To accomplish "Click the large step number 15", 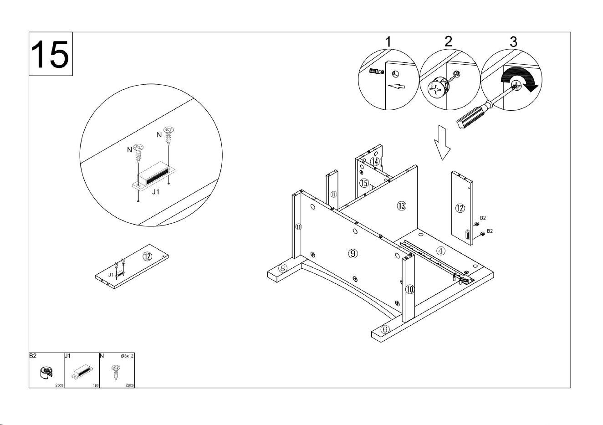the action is click(x=51, y=54).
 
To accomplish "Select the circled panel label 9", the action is click(x=353, y=253).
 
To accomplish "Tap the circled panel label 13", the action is click(x=401, y=206).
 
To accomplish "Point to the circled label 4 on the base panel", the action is click(x=440, y=251).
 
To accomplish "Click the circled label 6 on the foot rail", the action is click(x=385, y=329).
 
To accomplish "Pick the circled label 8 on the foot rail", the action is click(x=283, y=268).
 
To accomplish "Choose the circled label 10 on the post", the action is click(x=410, y=290).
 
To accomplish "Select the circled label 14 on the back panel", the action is click(x=375, y=161).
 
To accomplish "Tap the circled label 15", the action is click(x=364, y=183).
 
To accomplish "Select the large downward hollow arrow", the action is click(x=442, y=143).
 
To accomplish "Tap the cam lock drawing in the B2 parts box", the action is click(x=46, y=373).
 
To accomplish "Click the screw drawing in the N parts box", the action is click(x=116, y=373).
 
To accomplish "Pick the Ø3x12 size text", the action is click(x=127, y=356).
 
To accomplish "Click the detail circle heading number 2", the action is click(x=448, y=41).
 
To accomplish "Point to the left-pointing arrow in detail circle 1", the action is click(x=397, y=87).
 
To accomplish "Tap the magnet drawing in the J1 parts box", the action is click(x=82, y=372).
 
